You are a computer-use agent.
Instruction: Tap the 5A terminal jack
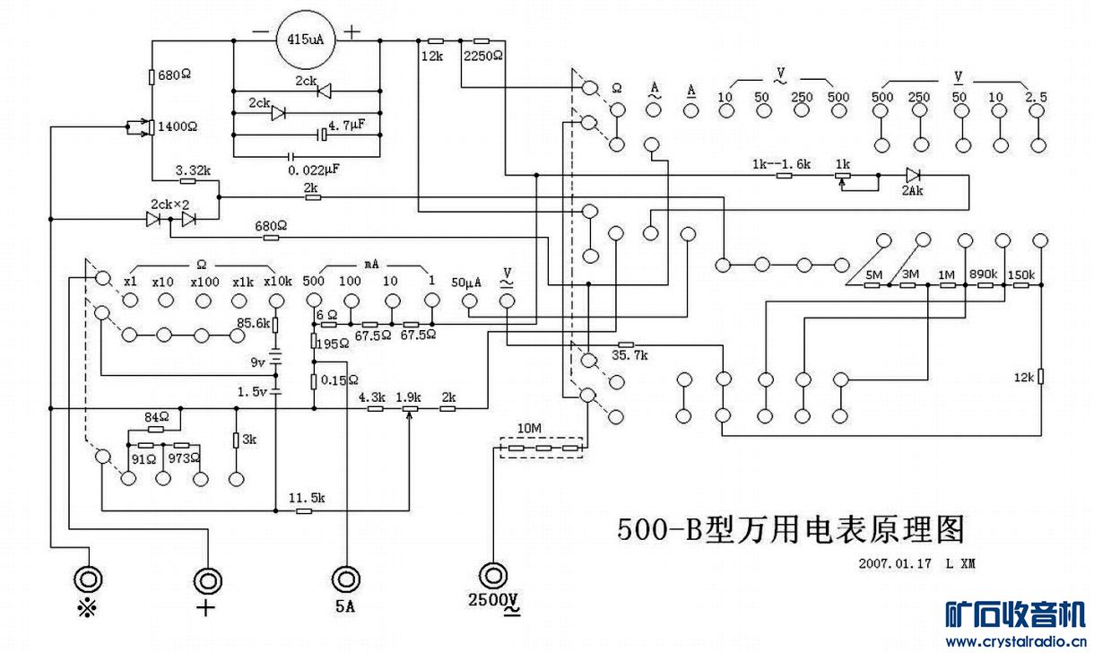tap(345, 576)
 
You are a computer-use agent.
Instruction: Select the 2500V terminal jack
tap(493, 575)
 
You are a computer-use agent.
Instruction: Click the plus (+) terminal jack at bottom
tap(208, 579)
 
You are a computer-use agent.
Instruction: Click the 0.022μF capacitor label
tap(314, 169)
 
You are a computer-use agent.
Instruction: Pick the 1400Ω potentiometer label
tap(177, 126)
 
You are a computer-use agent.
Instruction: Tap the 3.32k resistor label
tap(193, 170)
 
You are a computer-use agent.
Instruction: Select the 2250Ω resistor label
tap(483, 56)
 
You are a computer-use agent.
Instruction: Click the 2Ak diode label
tap(913, 191)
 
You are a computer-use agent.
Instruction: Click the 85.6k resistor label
tap(253, 323)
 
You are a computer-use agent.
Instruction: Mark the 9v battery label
tap(256, 362)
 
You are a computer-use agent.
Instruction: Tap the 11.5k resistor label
tap(306, 497)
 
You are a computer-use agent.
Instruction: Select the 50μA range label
tap(466, 281)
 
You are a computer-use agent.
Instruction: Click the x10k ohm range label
tap(278, 281)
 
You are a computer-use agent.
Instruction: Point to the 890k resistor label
tap(985, 274)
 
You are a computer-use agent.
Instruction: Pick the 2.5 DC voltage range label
tap(1037, 96)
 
